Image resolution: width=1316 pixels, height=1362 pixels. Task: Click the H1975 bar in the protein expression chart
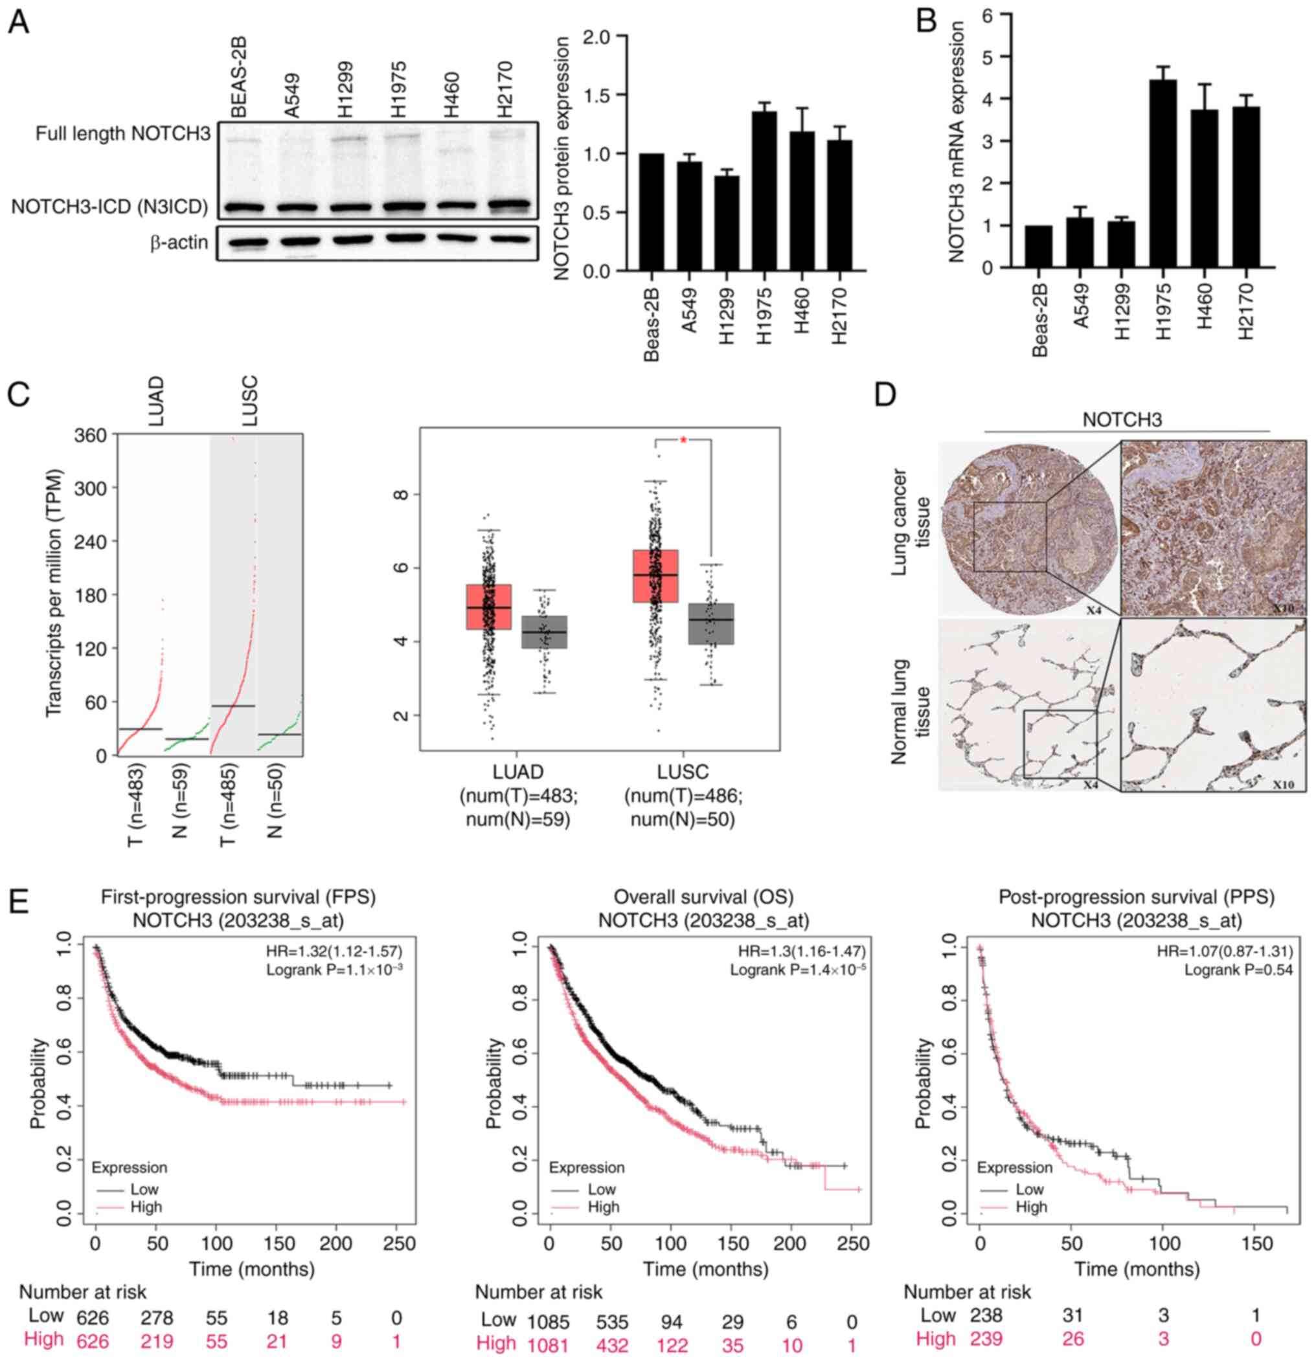tap(765, 190)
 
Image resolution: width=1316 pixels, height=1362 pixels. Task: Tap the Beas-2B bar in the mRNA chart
tap(1038, 246)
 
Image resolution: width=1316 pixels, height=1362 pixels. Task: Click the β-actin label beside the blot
tap(179, 243)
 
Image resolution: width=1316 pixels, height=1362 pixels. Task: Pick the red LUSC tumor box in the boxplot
tap(655, 575)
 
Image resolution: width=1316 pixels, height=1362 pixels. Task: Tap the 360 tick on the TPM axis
tap(91, 435)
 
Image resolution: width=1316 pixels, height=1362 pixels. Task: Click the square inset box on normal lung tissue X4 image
tap(1060, 744)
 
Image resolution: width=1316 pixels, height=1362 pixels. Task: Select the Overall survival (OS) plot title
tap(703, 897)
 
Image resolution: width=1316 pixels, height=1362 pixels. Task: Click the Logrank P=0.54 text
tap(1239, 969)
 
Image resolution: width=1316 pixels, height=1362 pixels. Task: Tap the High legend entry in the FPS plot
tap(146, 1207)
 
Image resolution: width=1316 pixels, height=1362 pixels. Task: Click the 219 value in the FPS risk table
tap(157, 1341)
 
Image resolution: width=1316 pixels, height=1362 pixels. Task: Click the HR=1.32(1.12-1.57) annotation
tap(334, 950)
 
